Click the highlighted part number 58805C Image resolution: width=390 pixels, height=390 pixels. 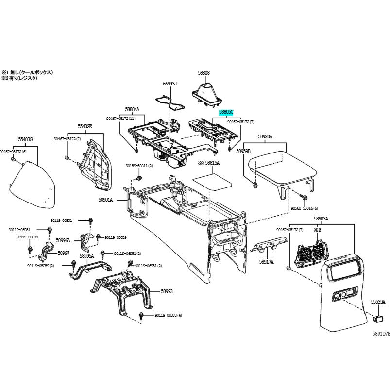(x=226, y=112)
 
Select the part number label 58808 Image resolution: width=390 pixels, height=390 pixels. (x=203, y=73)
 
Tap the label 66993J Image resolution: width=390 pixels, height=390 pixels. (x=170, y=84)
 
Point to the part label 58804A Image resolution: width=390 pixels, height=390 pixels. (x=132, y=109)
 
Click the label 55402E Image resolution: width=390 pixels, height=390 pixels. (x=85, y=126)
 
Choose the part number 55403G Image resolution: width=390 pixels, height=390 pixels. (x=25, y=139)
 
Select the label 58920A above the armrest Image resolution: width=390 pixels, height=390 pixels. (x=265, y=137)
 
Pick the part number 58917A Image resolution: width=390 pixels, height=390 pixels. (x=266, y=262)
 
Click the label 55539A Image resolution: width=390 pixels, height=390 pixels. (x=378, y=302)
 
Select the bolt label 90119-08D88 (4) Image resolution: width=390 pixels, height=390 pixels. (x=168, y=315)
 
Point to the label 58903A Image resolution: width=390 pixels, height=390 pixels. (x=321, y=219)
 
